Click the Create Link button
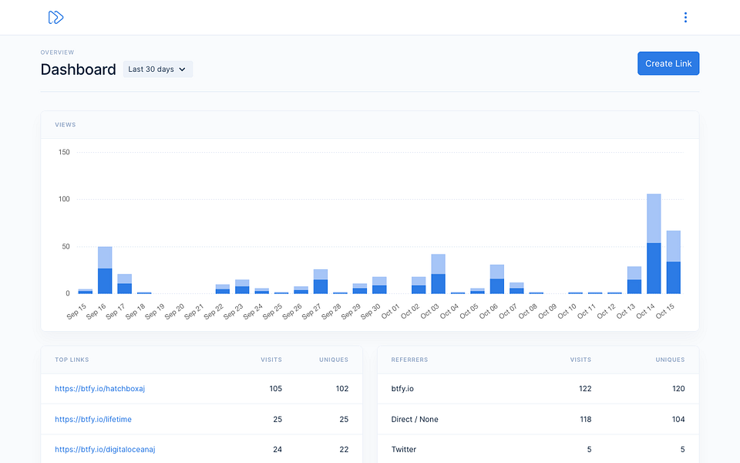pyautogui.click(x=668, y=63)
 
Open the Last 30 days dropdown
pyautogui.click(x=157, y=69)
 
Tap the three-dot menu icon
pyautogui.click(x=685, y=18)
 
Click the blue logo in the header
pyautogui.click(x=55, y=18)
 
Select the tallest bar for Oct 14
pyautogui.click(x=654, y=244)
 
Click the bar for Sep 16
pyautogui.click(x=105, y=270)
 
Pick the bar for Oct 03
pyautogui.click(x=438, y=274)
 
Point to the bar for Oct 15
pyautogui.click(x=674, y=262)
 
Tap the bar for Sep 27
pyautogui.click(x=321, y=282)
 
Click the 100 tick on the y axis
pyautogui.click(x=64, y=199)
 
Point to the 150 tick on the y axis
pyautogui.click(x=64, y=152)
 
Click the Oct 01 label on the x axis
pyautogui.click(x=390, y=311)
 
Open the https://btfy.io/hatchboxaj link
pyautogui.click(x=99, y=388)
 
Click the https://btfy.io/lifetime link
pyautogui.click(x=93, y=419)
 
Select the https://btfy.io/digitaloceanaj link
pyautogui.click(x=105, y=449)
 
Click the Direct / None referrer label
pyautogui.click(x=415, y=419)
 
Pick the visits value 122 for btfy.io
pyautogui.click(x=585, y=388)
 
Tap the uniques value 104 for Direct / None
pyautogui.click(x=678, y=419)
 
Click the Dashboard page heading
pyautogui.click(x=79, y=69)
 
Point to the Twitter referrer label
pyautogui.click(x=403, y=449)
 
